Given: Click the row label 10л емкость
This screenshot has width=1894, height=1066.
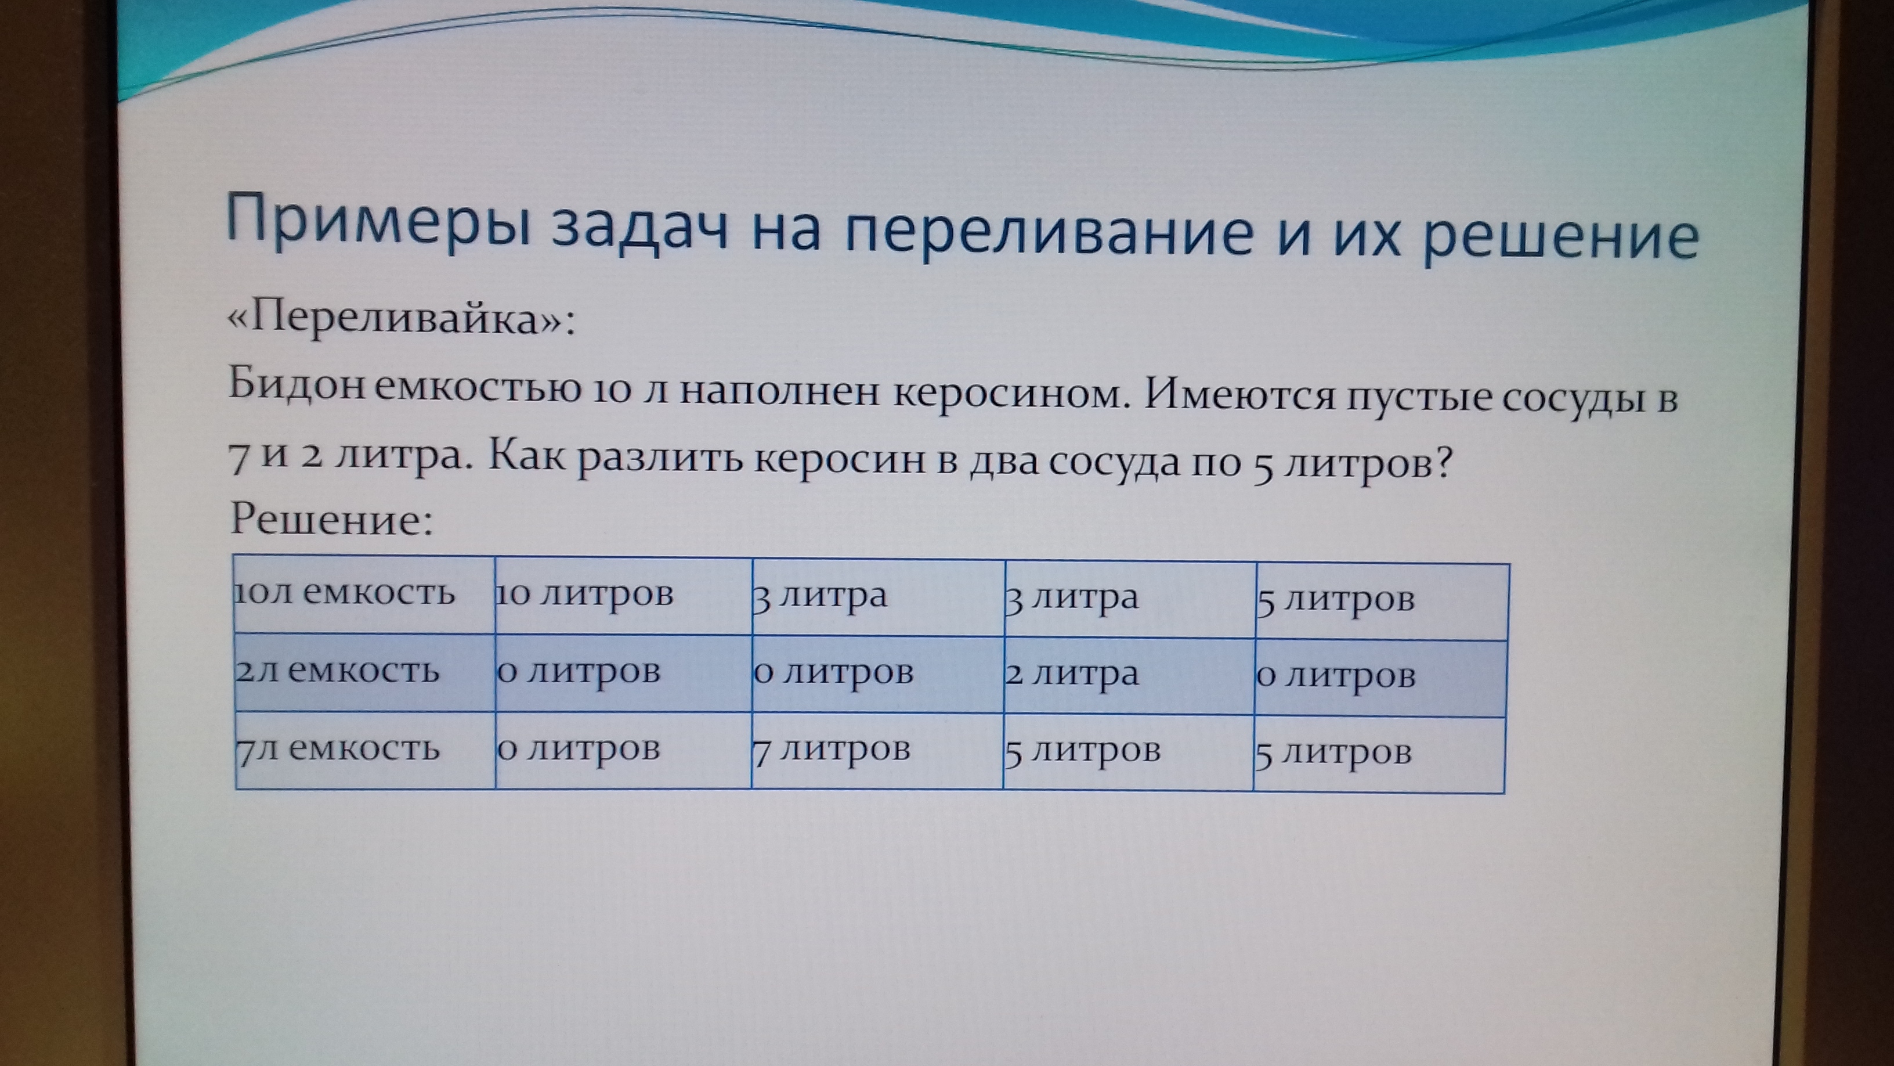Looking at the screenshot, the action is click(x=345, y=593).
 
